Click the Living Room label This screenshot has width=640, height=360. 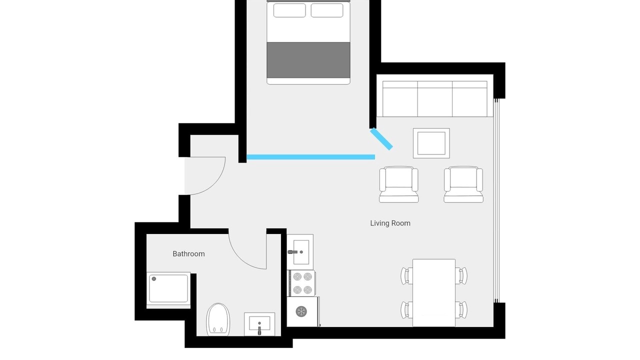point(390,223)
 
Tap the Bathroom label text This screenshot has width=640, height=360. point(188,253)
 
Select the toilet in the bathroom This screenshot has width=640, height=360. point(218,319)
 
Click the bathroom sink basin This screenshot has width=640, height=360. point(259,323)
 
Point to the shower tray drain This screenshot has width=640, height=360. point(154,278)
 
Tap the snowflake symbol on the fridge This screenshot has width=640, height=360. point(301,311)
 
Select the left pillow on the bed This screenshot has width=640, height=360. point(289,10)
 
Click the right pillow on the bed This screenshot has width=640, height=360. point(327,10)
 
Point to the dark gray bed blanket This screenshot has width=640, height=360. point(308,60)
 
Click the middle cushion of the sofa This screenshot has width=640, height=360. point(435,99)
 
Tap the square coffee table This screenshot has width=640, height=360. point(431,143)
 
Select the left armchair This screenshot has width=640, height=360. point(399,184)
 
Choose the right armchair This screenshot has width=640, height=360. point(463,184)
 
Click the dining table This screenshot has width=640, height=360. point(434,293)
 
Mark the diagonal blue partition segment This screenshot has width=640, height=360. point(381,139)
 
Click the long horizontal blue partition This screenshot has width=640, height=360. point(310,157)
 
